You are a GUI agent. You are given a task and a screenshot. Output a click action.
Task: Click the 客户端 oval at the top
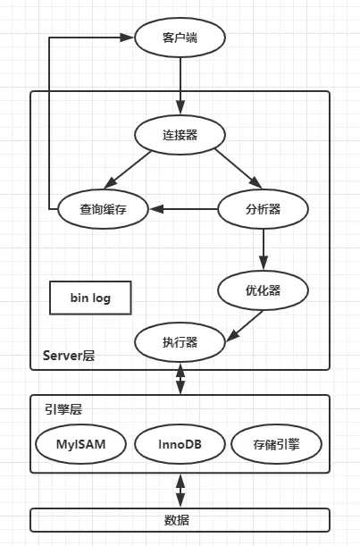(180, 38)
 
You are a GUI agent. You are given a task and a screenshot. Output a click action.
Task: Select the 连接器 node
(180, 135)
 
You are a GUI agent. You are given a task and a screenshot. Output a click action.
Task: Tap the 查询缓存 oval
(98, 209)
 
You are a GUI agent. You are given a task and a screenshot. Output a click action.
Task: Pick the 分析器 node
(264, 209)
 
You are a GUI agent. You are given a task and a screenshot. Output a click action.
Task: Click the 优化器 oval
(264, 290)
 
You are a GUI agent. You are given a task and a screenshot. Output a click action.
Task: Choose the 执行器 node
(180, 341)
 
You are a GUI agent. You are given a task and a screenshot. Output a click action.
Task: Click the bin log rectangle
(91, 298)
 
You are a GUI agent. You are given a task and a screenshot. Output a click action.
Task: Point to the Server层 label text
(69, 355)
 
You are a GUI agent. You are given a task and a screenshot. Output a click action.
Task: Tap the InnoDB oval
(179, 443)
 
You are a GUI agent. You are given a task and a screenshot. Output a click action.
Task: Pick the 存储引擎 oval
(276, 443)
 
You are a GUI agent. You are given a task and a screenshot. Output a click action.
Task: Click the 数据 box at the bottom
(180, 520)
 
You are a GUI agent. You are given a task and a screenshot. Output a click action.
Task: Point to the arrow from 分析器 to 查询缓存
(184, 209)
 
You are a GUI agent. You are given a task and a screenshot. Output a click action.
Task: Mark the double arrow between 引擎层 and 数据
(180, 491)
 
